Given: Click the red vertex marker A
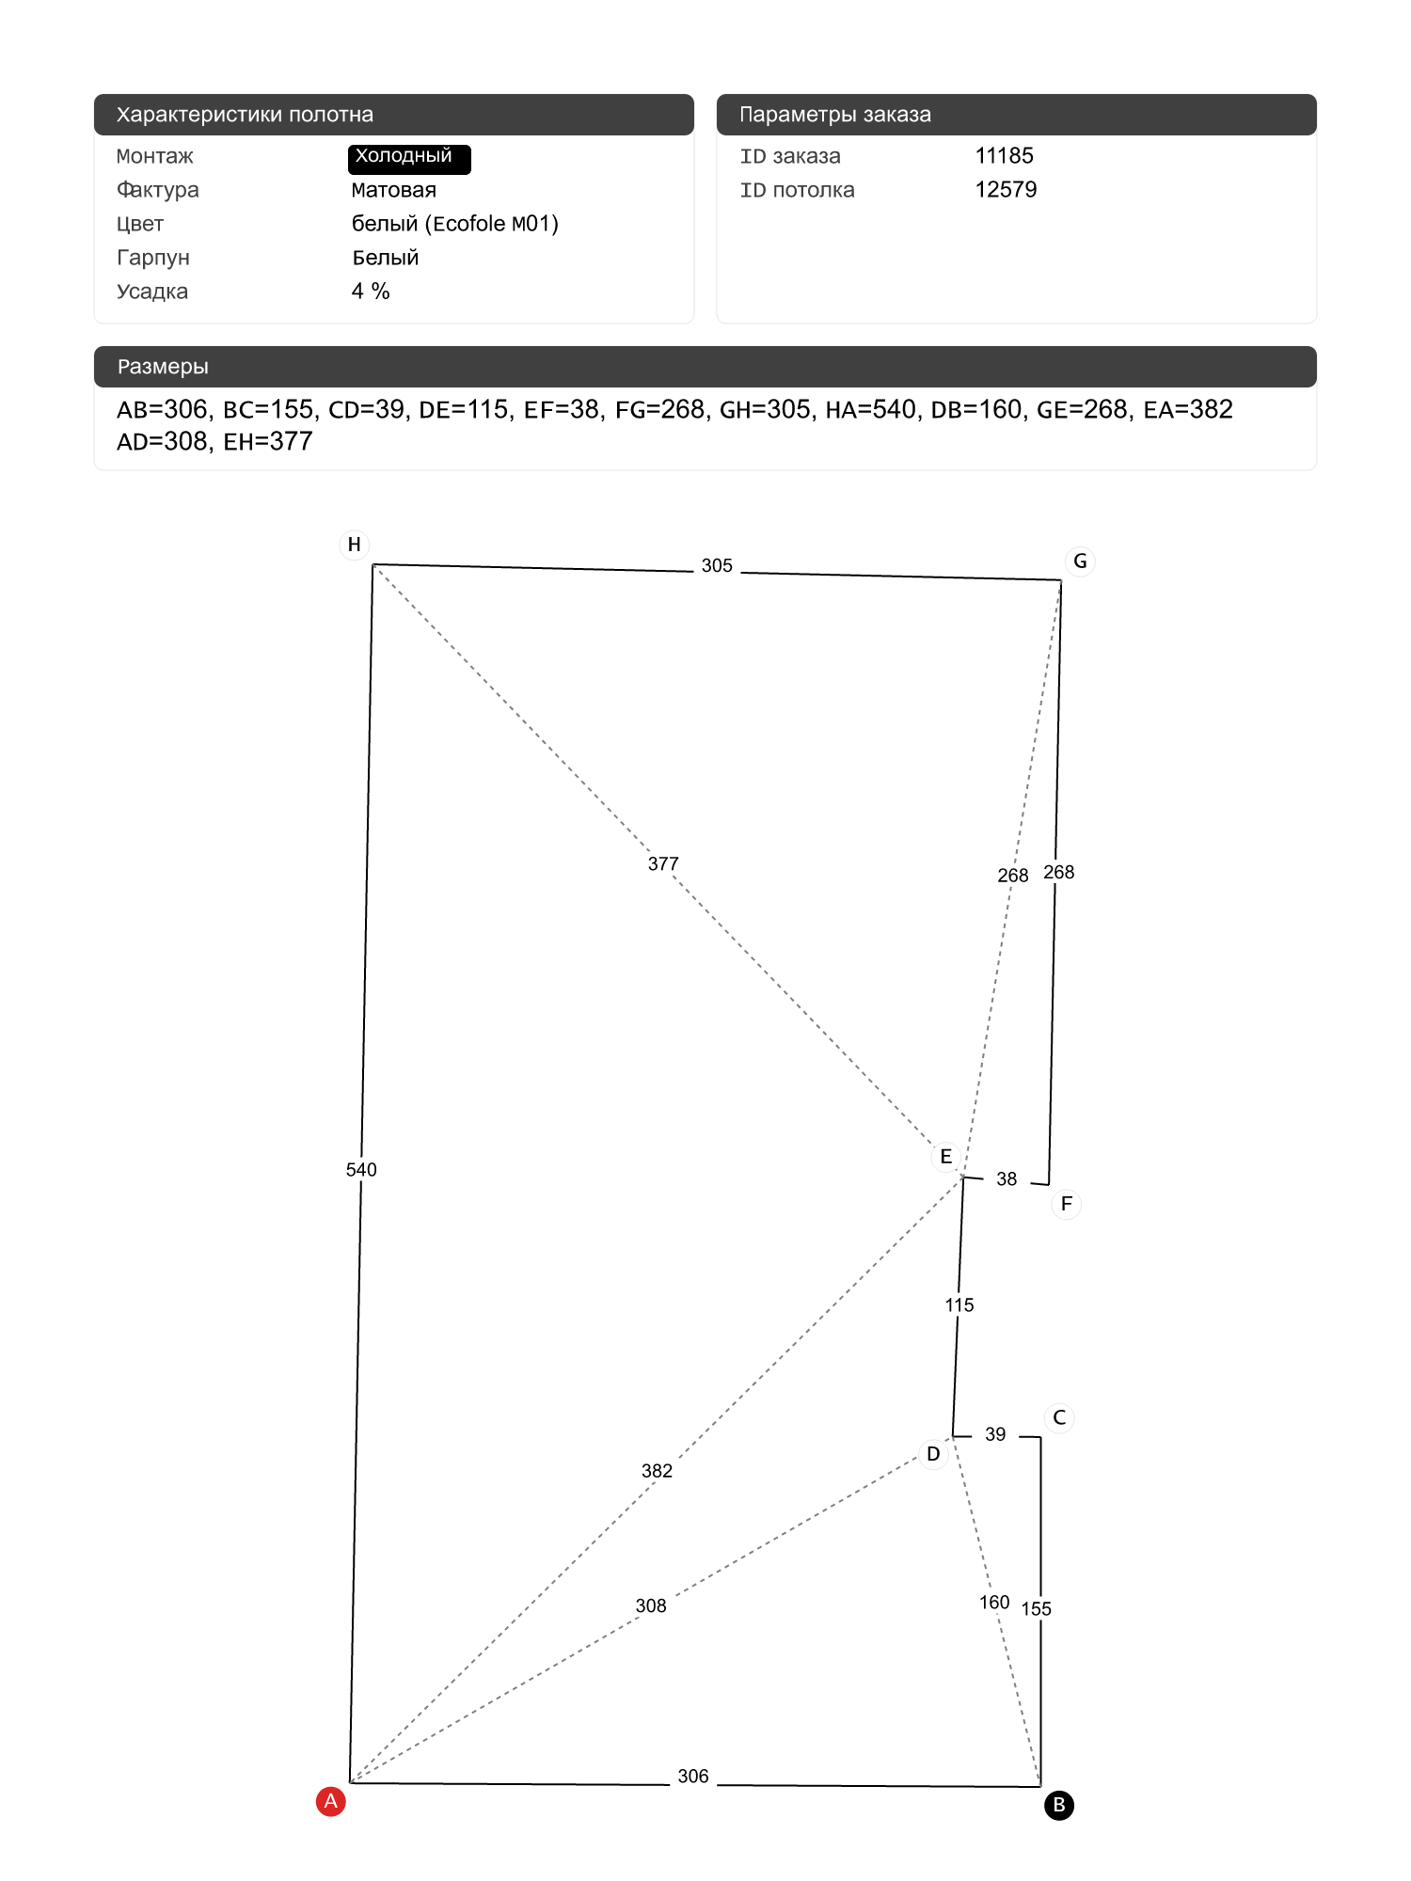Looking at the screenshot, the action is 330,1801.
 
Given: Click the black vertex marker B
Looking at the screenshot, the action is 1059,1805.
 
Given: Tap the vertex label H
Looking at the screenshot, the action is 355,545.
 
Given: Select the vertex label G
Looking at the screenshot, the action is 1080,561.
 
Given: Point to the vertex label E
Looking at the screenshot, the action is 946,1157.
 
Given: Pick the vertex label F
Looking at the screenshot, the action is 1067,1204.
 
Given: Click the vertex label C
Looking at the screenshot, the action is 1059,1417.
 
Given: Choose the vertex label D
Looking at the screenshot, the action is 933,1454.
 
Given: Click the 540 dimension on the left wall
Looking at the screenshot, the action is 361,1170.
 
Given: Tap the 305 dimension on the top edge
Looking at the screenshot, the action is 717,566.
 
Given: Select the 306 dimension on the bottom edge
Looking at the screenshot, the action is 693,1777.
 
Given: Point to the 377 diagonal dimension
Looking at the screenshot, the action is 663,863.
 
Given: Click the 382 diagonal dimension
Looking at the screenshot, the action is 657,1471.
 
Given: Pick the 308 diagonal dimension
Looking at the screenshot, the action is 651,1606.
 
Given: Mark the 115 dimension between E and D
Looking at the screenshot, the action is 959,1305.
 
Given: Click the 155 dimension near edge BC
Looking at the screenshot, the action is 1037,1609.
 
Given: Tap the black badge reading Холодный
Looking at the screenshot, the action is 409,158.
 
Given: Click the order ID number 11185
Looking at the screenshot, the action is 1005,156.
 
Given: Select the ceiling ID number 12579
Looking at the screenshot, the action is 1006,190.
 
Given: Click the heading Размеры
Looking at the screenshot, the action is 163,367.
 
